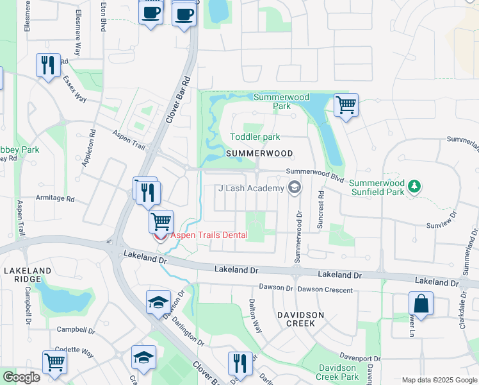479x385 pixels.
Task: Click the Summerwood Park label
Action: coord(281,101)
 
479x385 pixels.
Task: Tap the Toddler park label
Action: coord(255,137)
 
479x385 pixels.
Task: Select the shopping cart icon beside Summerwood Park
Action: coord(346,105)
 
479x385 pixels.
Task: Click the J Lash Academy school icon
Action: coord(295,188)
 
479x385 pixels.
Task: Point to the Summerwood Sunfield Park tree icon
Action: coord(415,186)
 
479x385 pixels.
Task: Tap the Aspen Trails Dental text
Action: coord(209,235)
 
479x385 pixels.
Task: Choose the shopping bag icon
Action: coord(421,302)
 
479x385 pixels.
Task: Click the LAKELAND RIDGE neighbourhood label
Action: coord(27,275)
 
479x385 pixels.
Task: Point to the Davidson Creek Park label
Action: coord(337,372)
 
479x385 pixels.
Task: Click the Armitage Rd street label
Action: coord(55,199)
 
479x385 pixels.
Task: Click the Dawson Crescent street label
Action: coord(325,290)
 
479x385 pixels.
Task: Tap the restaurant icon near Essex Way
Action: coord(48,66)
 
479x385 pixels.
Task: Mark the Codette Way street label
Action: coord(75,354)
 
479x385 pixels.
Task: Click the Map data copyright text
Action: coord(439,380)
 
